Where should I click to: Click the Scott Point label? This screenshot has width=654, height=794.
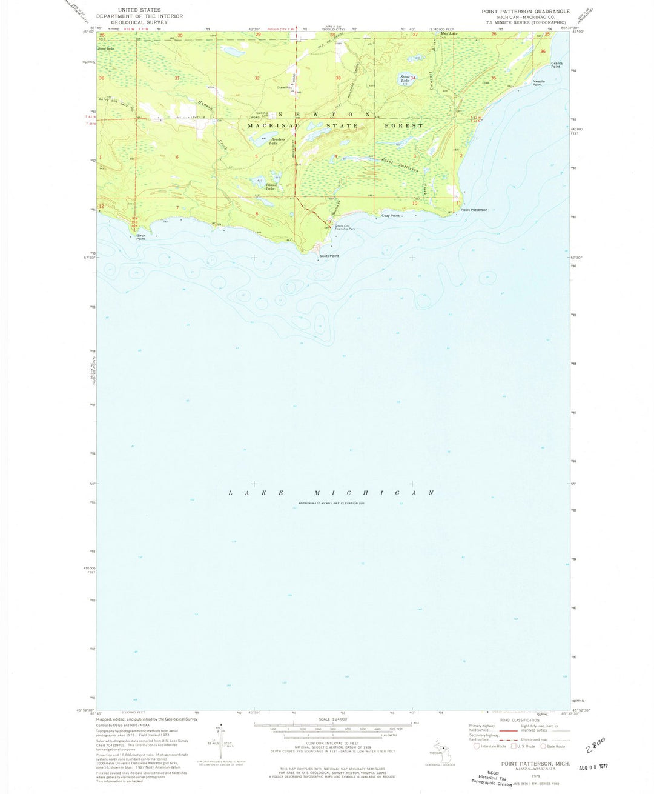pyautogui.click(x=329, y=256)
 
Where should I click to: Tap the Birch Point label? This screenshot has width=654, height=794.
pyautogui.click(x=140, y=237)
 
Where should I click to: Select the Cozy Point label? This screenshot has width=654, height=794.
pyautogui.click(x=390, y=216)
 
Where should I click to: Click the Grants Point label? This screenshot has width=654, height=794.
pyautogui.click(x=557, y=65)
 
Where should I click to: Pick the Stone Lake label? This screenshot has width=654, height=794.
pyautogui.click(x=405, y=78)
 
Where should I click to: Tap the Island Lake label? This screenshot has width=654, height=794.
pyautogui.click(x=270, y=187)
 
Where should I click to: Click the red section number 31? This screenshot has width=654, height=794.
pyautogui.click(x=177, y=79)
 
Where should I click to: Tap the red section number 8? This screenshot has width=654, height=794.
pyautogui.click(x=257, y=213)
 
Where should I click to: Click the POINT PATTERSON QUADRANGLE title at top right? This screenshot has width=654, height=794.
pyautogui.click(x=526, y=12)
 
